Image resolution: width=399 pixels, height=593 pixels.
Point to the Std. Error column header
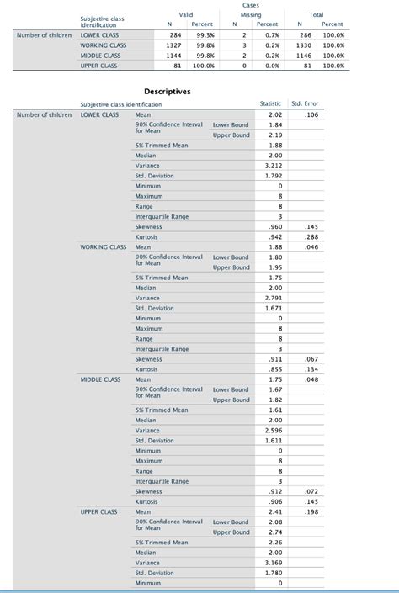(304, 104)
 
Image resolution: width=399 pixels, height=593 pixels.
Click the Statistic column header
(270, 104)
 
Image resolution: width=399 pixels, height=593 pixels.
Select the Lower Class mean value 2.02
(274, 114)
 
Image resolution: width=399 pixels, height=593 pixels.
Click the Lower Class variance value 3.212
(273, 166)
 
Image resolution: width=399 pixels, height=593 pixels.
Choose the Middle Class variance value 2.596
(273, 431)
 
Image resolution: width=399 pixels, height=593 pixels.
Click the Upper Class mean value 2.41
(274, 511)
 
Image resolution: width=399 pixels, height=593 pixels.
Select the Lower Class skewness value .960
(274, 227)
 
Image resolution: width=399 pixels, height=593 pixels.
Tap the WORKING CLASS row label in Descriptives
(104, 247)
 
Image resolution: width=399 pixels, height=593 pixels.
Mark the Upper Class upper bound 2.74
(274, 532)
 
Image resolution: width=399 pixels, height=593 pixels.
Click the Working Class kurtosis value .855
(274, 369)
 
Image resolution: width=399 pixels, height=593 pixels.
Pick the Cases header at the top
(251, 4)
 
